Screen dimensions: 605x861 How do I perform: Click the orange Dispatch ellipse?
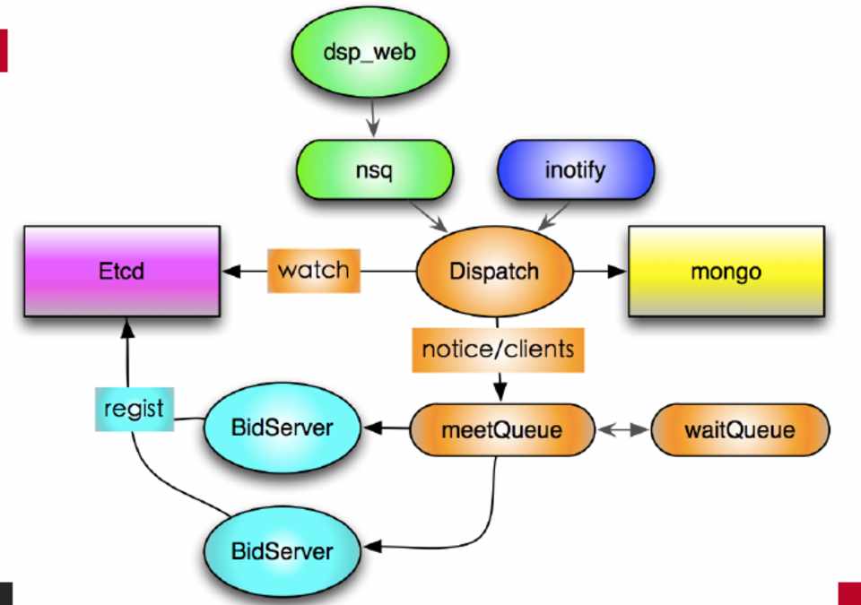point(496,271)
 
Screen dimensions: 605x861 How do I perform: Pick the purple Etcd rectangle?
point(122,271)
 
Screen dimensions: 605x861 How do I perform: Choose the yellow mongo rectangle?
point(726,271)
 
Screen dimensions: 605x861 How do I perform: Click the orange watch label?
point(313,270)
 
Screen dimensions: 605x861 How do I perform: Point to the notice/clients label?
point(498,348)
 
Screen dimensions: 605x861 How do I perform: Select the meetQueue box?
point(502,429)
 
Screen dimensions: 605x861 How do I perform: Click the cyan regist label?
point(134,410)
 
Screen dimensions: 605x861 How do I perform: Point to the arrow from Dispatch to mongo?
point(599,270)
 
